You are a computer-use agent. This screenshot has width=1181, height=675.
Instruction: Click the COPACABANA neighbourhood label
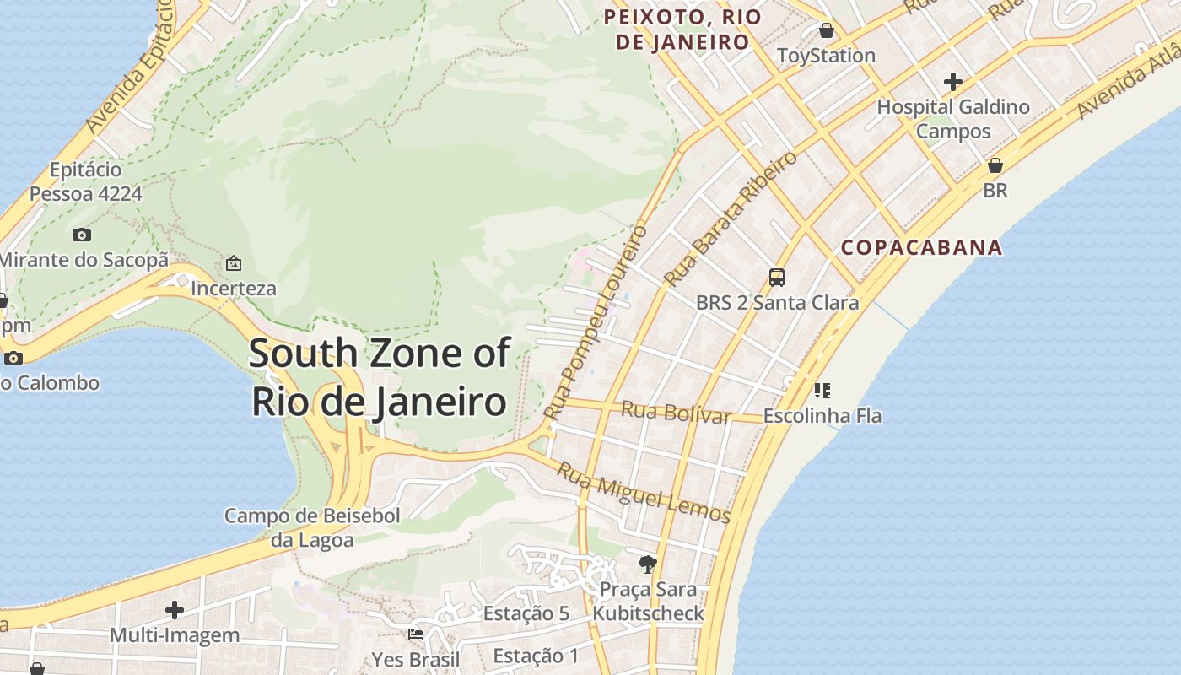click(921, 247)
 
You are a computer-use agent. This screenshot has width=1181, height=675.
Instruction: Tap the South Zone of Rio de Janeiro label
click(379, 376)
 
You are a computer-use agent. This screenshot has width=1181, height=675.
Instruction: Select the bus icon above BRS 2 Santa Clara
click(777, 277)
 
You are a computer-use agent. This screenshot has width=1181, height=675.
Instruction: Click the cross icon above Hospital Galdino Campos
click(953, 82)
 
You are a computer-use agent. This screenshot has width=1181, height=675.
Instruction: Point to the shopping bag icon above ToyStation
click(827, 30)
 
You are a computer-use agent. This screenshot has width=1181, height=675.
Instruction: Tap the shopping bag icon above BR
click(995, 165)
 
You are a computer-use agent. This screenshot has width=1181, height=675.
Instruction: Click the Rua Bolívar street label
click(675, 413)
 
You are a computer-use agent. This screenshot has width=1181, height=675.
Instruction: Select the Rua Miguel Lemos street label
click(643, 493)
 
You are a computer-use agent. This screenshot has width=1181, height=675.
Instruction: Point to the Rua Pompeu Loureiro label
click(596, 322)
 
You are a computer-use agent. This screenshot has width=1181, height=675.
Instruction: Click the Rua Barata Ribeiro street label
click(730, 219)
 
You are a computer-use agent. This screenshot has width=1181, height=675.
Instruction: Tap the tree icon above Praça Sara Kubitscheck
click(648, 564)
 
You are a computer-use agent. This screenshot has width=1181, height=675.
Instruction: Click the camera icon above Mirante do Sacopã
click(82, 235)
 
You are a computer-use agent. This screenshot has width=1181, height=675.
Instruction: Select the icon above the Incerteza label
click(234, 263)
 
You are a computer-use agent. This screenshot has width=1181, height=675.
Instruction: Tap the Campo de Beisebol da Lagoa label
click(312, 527)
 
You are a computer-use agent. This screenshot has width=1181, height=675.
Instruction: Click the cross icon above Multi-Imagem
click(175, 609)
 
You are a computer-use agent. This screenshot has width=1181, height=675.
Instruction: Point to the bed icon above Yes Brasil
click(416, 634)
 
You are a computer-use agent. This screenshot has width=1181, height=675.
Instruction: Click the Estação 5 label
click(526, 613)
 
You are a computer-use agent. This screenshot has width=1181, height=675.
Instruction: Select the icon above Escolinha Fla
click(822, 390)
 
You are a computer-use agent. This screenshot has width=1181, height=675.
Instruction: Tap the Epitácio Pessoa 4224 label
click(85, 181)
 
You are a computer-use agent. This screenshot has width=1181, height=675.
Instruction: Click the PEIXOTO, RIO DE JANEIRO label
click(682, 29)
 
